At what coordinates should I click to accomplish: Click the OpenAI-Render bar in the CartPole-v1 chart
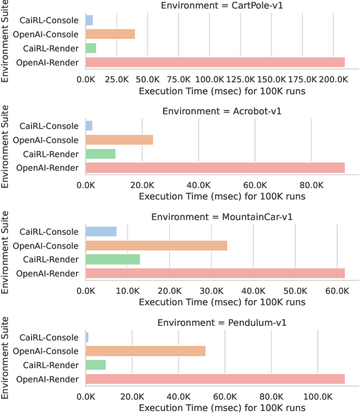point(215,62)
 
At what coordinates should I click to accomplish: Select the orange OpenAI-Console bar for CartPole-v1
point(110,34)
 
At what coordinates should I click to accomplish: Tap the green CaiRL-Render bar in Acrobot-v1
point(100,154)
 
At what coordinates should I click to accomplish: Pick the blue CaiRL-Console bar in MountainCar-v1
point(101,231)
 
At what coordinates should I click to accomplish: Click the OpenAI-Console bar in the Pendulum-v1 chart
point(145,351)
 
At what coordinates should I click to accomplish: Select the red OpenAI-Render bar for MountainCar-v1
point(215,273)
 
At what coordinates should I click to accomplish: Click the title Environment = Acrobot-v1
point(222,111)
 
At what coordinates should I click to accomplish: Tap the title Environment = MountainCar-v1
point(222,217)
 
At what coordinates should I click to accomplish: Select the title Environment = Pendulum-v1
point(222,322)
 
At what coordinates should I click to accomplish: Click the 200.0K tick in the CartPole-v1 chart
point(334,80)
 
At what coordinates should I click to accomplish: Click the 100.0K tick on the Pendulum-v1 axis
point(318,396)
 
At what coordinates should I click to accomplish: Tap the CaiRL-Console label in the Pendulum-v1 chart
point(49,338)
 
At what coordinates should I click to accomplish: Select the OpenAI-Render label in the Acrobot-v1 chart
point(47,168)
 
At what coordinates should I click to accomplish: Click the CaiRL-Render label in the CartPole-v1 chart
point(51,48)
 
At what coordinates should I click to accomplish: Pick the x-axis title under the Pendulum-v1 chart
point(222,407)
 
